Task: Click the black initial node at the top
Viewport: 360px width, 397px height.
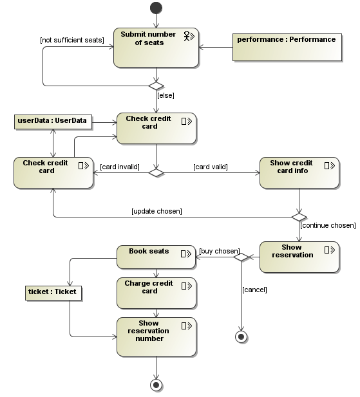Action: [x=156, y=8]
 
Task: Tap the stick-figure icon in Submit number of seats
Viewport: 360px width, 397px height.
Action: [x=189, y=35]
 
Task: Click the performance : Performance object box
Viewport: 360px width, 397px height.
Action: [x=287, y=45]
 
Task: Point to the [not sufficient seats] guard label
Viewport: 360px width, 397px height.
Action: [x=72, y=40]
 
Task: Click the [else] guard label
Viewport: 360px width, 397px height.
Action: [x=166, y=95]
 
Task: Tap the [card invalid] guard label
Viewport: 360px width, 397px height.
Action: [x=120, y=167]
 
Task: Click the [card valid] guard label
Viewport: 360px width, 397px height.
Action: [x=211, y=167]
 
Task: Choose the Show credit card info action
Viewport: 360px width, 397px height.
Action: [x=299, y=172]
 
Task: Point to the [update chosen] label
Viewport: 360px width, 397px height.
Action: [x=156, y=211]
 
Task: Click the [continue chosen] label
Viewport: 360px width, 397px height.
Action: [x=327, y=225]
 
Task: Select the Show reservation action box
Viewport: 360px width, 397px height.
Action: [x=299, y=257]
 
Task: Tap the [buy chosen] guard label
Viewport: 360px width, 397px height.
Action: [x=219, y=250]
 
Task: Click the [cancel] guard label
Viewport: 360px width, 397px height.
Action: [x=254, y=290]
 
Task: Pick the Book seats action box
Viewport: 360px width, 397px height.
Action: [x=156, y=257]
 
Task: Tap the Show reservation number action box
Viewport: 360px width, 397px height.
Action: [x=156, y=337]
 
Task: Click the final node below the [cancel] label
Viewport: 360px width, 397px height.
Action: [x=242, y=337]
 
